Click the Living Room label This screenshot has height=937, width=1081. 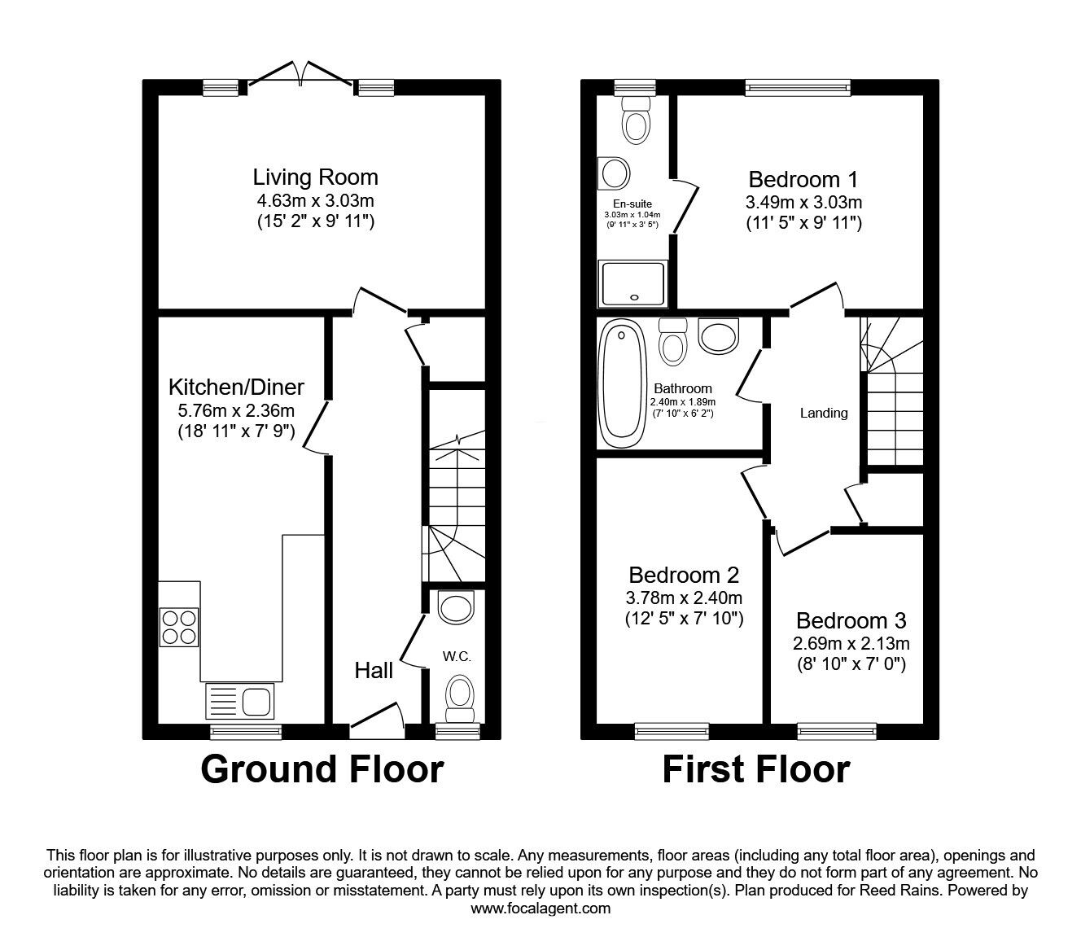315,177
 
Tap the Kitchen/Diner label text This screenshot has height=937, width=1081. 236,386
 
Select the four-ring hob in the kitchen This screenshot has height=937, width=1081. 179,627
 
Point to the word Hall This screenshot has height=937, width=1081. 374,670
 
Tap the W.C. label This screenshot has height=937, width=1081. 457,656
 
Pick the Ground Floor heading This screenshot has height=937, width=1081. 322,769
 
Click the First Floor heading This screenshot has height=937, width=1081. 755,769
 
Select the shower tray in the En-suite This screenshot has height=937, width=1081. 632,284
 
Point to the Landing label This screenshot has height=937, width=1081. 824,413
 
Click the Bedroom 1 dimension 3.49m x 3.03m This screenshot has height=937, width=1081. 803,201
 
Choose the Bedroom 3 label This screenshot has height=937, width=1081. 851,621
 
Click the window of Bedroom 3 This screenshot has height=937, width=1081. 837,731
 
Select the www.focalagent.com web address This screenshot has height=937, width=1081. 540,909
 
